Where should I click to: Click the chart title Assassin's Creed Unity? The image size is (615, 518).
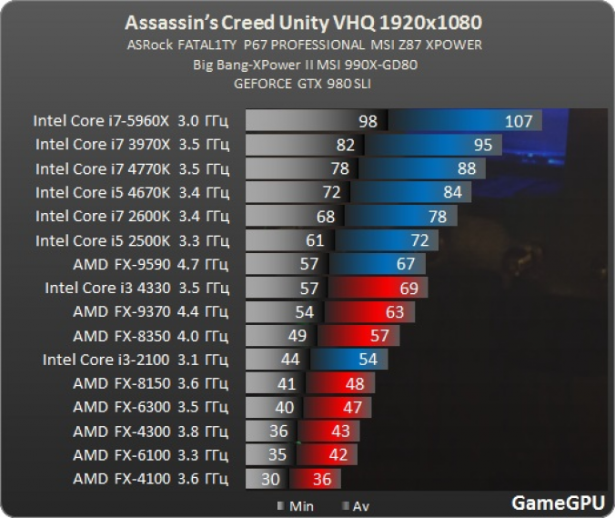pos(307,21)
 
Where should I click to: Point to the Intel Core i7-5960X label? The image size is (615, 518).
pos(131,120)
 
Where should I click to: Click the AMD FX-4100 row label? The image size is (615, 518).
pos(150,479)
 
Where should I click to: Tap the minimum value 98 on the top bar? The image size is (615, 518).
pos(368,121)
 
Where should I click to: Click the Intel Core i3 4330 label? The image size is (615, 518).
pos(137,288)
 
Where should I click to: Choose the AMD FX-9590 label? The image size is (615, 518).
pos(150,264)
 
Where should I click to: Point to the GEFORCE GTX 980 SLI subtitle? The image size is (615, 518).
pos(307,84)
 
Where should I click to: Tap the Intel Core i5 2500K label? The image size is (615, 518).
pos(132,240)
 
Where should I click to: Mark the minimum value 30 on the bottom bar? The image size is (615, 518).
pos(271,479)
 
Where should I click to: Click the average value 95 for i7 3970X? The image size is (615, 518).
pos(482,145)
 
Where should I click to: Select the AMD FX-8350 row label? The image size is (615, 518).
pos(150,336)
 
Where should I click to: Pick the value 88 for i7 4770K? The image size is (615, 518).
pos(466,168)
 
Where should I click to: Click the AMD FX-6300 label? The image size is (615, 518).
pos(150,407)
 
